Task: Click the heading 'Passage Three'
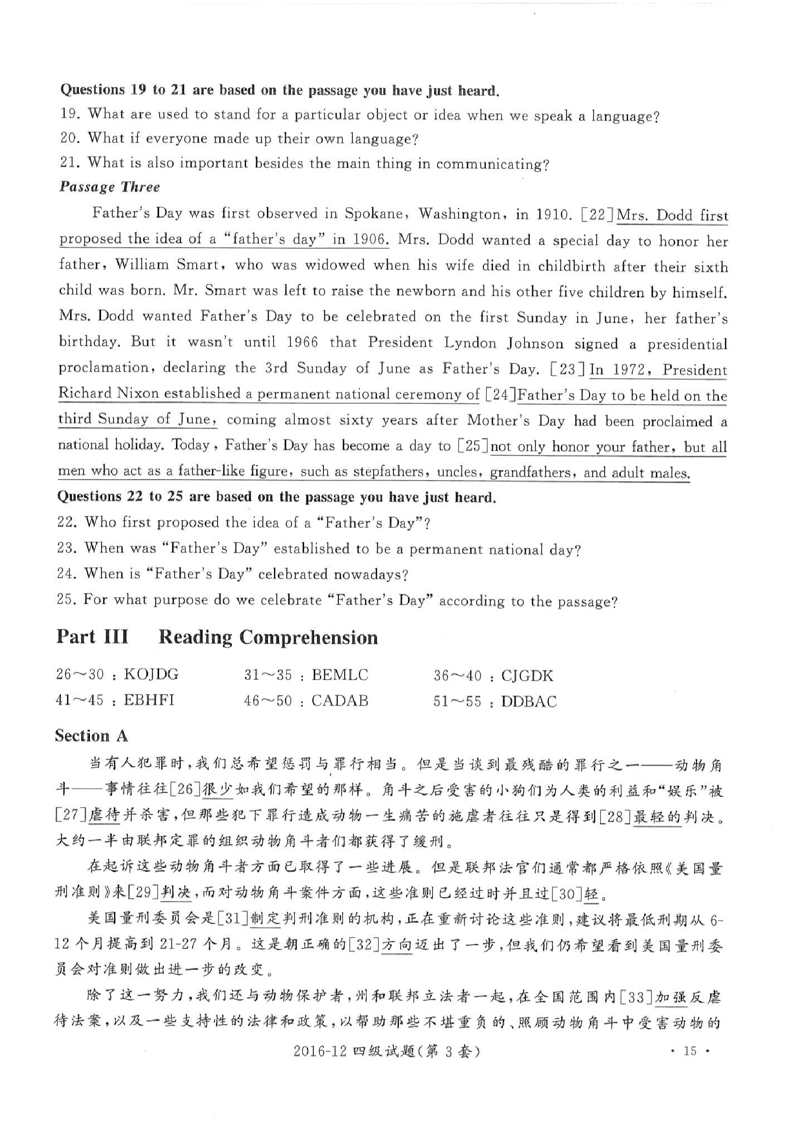110,187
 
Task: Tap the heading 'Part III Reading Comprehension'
217,637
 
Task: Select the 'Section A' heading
91,736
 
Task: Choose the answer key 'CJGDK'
527,675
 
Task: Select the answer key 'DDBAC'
529,701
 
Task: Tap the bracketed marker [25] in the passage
473,446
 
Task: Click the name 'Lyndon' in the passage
470,343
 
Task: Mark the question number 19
70,114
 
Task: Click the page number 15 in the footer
690,1051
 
